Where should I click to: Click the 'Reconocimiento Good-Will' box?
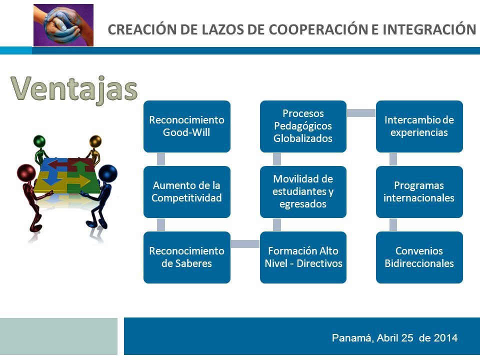point(186,126)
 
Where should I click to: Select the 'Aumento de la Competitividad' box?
point(186,192)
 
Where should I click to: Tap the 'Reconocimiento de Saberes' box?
point(186,257)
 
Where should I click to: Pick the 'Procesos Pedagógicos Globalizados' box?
point(303,126)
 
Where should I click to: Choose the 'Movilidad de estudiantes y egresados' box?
point(303,192)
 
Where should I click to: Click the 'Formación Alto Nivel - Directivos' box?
point(303,257)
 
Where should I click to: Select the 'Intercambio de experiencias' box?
point(419,126)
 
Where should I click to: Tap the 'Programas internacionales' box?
point(419,192)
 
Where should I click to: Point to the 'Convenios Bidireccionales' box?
point(419,257)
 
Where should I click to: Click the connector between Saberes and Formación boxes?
point(245,244)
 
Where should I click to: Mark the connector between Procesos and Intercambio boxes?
point(361,113)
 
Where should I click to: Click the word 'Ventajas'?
point(74,89)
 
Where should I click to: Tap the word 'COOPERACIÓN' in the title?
point(318,29)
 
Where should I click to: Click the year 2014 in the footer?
point(445,338)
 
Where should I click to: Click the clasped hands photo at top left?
point(63,25)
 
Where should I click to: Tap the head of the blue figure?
point(108,173)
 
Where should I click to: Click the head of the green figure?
point(39,141)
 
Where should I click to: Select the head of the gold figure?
point(95,141)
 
